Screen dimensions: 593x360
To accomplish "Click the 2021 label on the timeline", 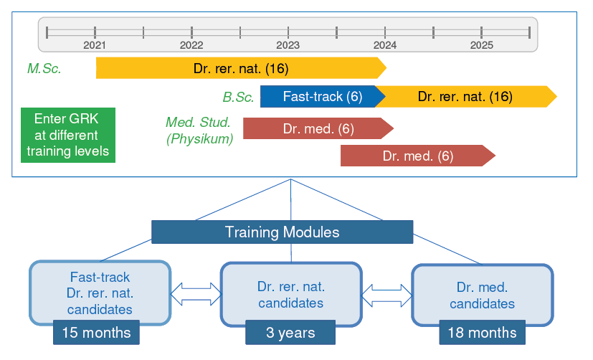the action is pos(95,45).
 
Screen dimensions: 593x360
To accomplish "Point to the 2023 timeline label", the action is pos(288,45).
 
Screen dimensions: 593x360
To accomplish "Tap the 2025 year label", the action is pos(481,45).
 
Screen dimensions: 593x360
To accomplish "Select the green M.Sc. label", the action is pos(44,68).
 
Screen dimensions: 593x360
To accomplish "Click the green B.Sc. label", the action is pos(238,98).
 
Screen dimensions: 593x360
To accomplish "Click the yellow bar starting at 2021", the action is pos(241,68).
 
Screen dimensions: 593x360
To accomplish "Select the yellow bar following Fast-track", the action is pos(465,96).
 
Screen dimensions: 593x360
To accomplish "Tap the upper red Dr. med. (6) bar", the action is pos(318,128).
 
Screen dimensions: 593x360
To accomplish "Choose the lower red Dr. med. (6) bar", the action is pos(418,156).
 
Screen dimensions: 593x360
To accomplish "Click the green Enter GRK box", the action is pos(68,135).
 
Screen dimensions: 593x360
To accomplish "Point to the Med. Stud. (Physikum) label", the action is pos(199,131).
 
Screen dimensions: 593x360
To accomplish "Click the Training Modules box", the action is pos(282,232).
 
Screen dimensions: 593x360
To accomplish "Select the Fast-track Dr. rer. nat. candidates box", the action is pos(100,293).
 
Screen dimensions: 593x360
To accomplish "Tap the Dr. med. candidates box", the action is pos(482,295).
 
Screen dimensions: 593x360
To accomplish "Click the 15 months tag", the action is pos(96,333).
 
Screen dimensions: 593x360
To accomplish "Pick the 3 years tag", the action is pos(290,333).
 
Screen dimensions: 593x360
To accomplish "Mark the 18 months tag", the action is pos(482,333).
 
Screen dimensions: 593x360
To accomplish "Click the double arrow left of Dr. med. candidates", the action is pos(386,295).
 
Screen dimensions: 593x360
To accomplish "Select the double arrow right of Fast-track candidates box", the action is pos(196,294).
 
